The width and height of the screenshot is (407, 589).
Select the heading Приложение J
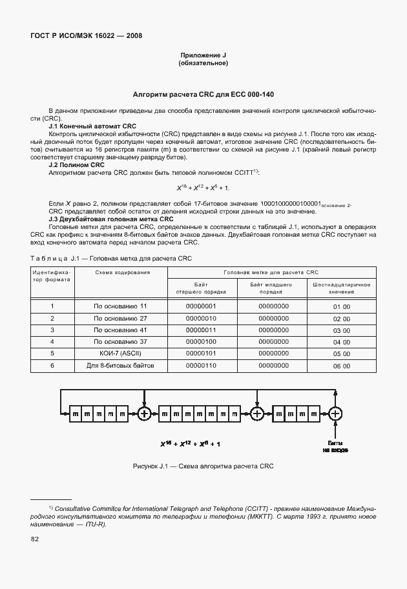coord(203,55)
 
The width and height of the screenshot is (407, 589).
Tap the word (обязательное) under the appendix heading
coord(203,63)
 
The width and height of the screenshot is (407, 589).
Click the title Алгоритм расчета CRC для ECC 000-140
coord(203,94)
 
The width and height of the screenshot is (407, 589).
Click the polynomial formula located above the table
coord(203,188)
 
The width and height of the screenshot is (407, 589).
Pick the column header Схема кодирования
coord(122,272)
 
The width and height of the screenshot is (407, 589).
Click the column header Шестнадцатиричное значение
coord(341,288)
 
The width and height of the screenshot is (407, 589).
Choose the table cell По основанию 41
coord(120,330)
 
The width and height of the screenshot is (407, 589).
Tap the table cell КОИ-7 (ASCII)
coord(120,354)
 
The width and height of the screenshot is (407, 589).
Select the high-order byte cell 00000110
coord(201,366)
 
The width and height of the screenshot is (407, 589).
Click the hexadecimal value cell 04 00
coord(341,342)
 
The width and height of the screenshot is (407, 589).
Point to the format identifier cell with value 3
coord(52,330)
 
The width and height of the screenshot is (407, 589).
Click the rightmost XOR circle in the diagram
coord(335,414)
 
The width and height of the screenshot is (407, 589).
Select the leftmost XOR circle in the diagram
coord(145,414)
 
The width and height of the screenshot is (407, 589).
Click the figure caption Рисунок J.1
coord(203,466)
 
